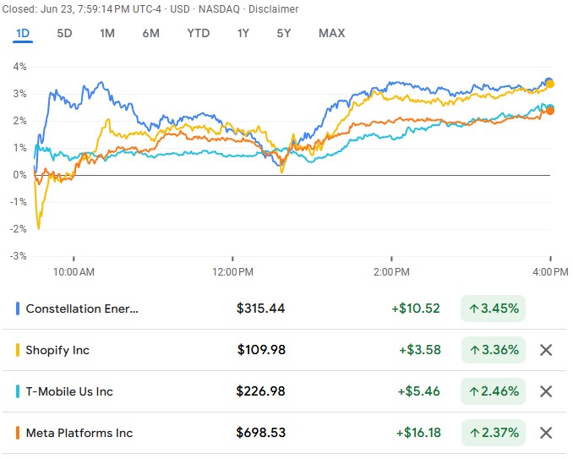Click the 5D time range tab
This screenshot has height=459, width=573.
coord(64,33)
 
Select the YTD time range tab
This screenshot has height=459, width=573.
coord(199,33)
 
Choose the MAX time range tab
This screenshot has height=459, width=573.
coord(331,33)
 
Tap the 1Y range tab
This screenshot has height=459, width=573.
coord(243,33)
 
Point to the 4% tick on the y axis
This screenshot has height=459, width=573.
coord(19,66)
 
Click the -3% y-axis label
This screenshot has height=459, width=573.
coord(18,255)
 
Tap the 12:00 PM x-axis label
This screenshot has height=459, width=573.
coord(232,272)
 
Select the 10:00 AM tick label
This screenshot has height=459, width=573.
coord(74,272)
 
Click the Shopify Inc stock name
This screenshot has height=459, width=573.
coord(57,350)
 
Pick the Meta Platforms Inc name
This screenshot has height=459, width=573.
coord(79,433)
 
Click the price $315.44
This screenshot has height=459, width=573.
coord(261,309)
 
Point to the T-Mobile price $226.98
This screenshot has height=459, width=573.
coord(261,391)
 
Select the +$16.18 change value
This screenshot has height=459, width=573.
coord(417,433)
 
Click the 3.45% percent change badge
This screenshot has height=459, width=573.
coord(494,309)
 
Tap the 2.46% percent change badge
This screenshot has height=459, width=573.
coord(494,391)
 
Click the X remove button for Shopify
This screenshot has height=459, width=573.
coord(546,350)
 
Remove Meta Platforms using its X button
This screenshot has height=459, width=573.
coord(546,433)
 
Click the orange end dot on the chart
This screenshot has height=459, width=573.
coord(550,110)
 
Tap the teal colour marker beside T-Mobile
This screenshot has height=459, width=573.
coord(18,391)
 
